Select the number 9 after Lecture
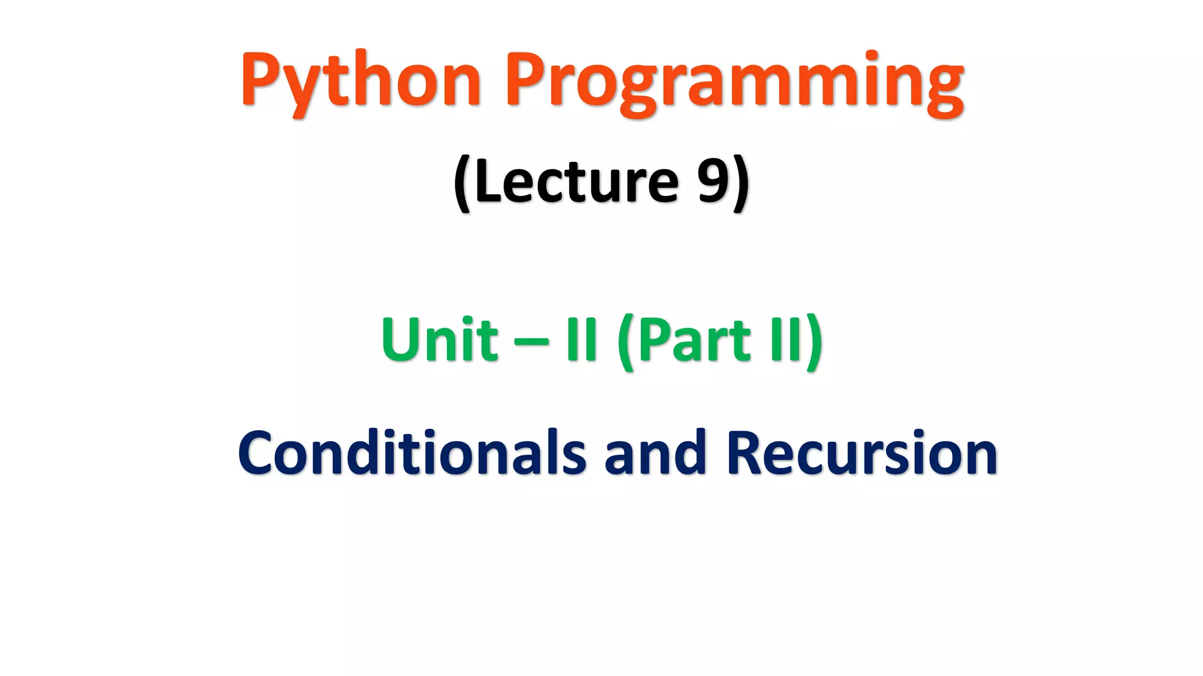coord(713,181)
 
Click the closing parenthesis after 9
coord(741,183)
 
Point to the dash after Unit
coord(532,342)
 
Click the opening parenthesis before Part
coord(626,342)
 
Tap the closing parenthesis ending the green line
coord(815,342)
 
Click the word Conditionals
coord(412,452)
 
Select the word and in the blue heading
coord(654,452)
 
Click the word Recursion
coord(862,452)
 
